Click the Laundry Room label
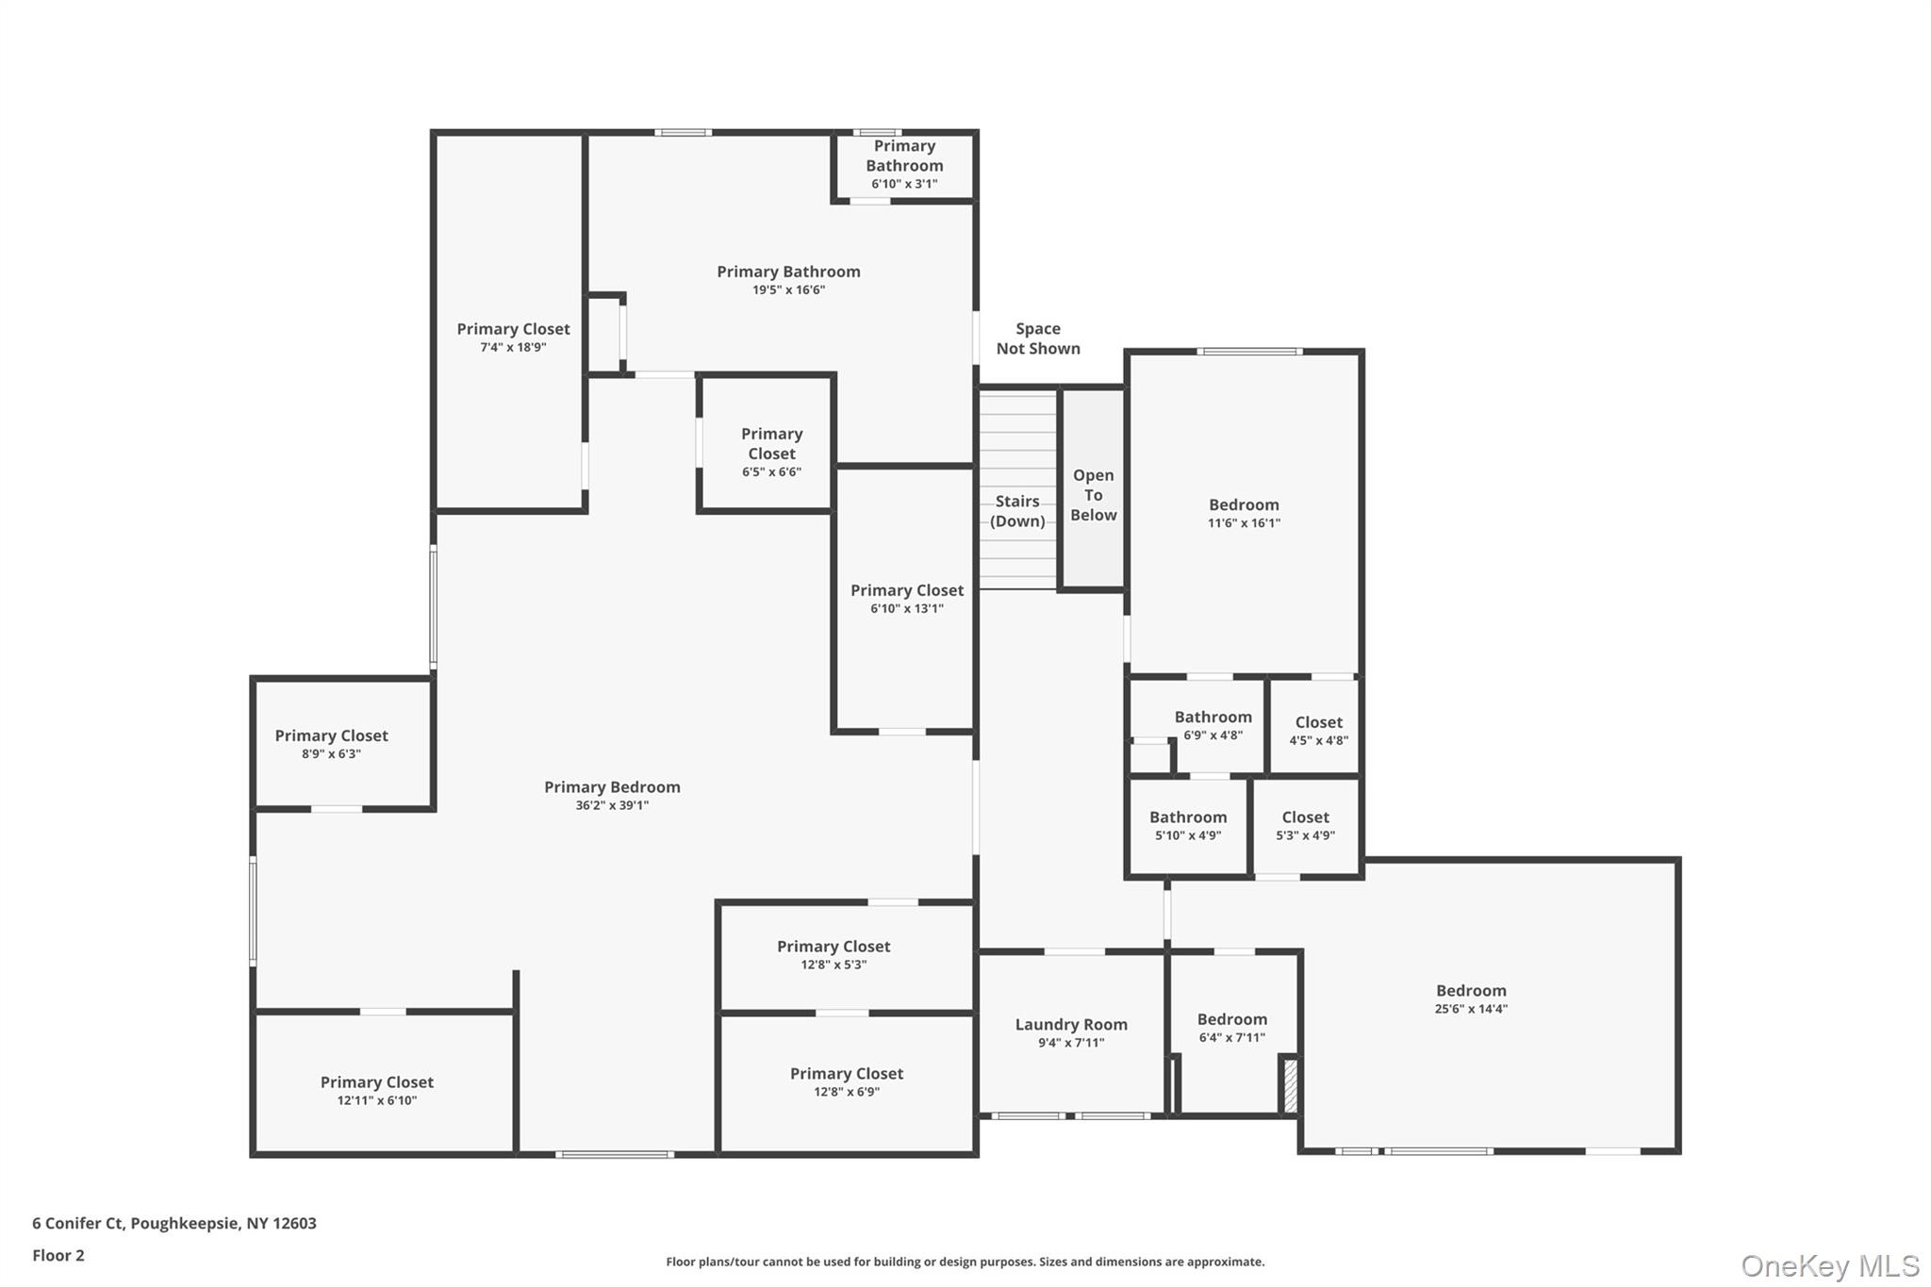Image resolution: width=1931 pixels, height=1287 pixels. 1071,1025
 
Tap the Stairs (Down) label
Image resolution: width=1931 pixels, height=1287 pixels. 1017,511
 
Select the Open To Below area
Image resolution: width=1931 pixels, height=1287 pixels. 1093,495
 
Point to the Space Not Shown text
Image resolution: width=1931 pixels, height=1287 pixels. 1037,338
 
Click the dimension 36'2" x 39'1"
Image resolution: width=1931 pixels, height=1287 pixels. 612,805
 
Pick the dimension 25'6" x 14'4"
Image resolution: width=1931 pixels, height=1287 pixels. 1470,1009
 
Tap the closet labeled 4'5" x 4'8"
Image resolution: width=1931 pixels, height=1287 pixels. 1317,731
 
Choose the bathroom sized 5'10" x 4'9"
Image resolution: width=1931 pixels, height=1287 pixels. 1187,826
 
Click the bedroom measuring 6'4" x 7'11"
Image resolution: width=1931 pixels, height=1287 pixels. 1231,1028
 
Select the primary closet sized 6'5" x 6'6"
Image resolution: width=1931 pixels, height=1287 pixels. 771,453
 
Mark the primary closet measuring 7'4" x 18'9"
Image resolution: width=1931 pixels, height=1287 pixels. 513,338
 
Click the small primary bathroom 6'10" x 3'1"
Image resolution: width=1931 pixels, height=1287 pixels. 903,165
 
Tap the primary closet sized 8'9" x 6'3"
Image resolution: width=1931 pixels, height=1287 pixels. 331,744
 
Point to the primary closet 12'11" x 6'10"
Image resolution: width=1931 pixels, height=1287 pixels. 376,1091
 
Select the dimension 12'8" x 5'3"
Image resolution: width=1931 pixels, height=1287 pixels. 833,965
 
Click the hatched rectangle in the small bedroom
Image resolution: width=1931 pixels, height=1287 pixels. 1290,1085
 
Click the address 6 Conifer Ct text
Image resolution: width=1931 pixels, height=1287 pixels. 174,1223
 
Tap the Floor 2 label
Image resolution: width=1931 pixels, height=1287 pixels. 58,1255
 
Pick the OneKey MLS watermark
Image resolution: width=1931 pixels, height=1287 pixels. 1829,1265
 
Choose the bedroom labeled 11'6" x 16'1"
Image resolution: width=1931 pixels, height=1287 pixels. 1244,513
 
